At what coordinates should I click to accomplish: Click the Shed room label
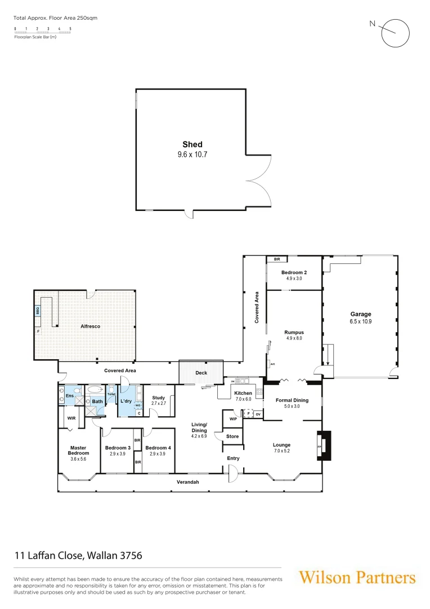coord(192,145)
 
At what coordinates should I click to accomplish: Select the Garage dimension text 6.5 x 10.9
coord(361,321)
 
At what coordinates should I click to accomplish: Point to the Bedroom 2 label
coord(295,272)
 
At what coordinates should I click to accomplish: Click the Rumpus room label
coord(294,333)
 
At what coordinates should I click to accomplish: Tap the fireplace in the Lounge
coord(323,445)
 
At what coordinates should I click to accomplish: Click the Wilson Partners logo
coord(357,577)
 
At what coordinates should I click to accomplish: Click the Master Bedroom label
coord(78,451)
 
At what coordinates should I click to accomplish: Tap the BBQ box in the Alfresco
coord(38,310)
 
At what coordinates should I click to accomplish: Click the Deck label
coord(201,373)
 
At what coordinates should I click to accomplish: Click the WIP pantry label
coord(233,419)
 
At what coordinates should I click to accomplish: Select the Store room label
coord(232,436)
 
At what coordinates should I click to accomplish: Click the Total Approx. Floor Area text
coord(55,18)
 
